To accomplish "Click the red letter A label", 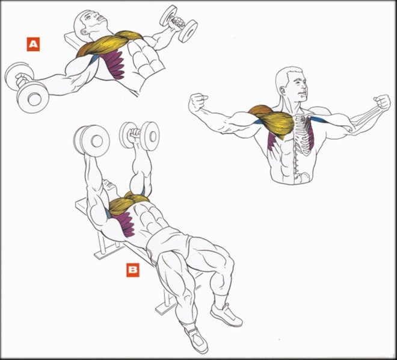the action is click(33, 45).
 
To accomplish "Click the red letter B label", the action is click(133, 270).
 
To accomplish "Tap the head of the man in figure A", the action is click(90, 22).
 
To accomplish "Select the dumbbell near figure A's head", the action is click(179, 23).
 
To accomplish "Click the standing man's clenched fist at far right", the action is click(382, 102).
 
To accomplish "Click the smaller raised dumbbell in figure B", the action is click(140, 135).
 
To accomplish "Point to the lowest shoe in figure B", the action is click(196, 340).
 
